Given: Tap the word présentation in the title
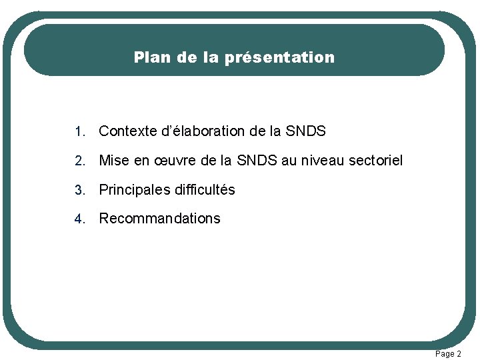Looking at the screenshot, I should (279, 57).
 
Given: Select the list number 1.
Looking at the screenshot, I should (79, 132).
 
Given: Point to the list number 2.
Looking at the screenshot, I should (79, 161).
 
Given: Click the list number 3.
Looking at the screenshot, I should (79, 190).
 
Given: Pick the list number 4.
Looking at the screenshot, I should (79, 219).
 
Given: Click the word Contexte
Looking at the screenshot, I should (128, 131).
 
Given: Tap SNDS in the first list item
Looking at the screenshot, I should (305, 131).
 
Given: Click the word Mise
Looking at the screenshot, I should (113, 161).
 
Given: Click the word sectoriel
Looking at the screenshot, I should (377, 161).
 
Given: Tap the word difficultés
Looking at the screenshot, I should (205, 190).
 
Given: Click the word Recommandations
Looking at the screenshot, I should (159, 219).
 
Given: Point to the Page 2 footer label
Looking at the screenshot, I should (447, 354).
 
